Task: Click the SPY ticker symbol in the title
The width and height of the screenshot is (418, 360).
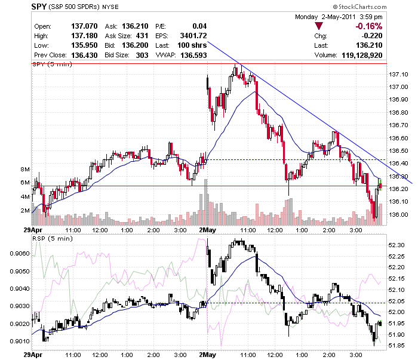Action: tap(39, 7)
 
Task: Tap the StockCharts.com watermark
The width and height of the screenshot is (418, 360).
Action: tap(359, 7)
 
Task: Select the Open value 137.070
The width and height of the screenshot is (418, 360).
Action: tap(84, 26)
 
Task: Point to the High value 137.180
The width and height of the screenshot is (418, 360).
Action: tap(84, 36)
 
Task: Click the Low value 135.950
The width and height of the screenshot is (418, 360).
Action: tap(84, 45)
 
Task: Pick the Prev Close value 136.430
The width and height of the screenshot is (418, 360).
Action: tap(84, 55)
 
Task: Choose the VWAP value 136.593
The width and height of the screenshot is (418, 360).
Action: tap(193, 55)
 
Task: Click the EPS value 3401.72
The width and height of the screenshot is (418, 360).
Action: tap(193, 36)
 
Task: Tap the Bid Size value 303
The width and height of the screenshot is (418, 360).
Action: tap(142, 55)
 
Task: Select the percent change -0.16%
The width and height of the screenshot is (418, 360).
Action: tap(369, 26)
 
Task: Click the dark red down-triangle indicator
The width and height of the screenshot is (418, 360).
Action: tap(319, 26)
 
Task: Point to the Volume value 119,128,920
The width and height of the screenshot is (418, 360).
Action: tap(362, 55)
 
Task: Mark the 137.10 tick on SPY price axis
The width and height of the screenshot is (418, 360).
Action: tap(398, 75)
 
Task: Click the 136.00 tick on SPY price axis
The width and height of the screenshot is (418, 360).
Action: tap(398, 214)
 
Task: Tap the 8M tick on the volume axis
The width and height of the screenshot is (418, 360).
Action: tap(25, 169)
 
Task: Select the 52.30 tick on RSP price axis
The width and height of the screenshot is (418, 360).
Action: tap(397, 245)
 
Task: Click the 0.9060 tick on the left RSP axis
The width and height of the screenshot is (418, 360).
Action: tap(20, 253)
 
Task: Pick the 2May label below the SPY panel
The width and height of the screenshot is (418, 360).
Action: tap(207, 230)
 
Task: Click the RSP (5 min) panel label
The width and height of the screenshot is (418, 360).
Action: tap(53, 238)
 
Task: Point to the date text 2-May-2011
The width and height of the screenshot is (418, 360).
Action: tap(339, 17)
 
